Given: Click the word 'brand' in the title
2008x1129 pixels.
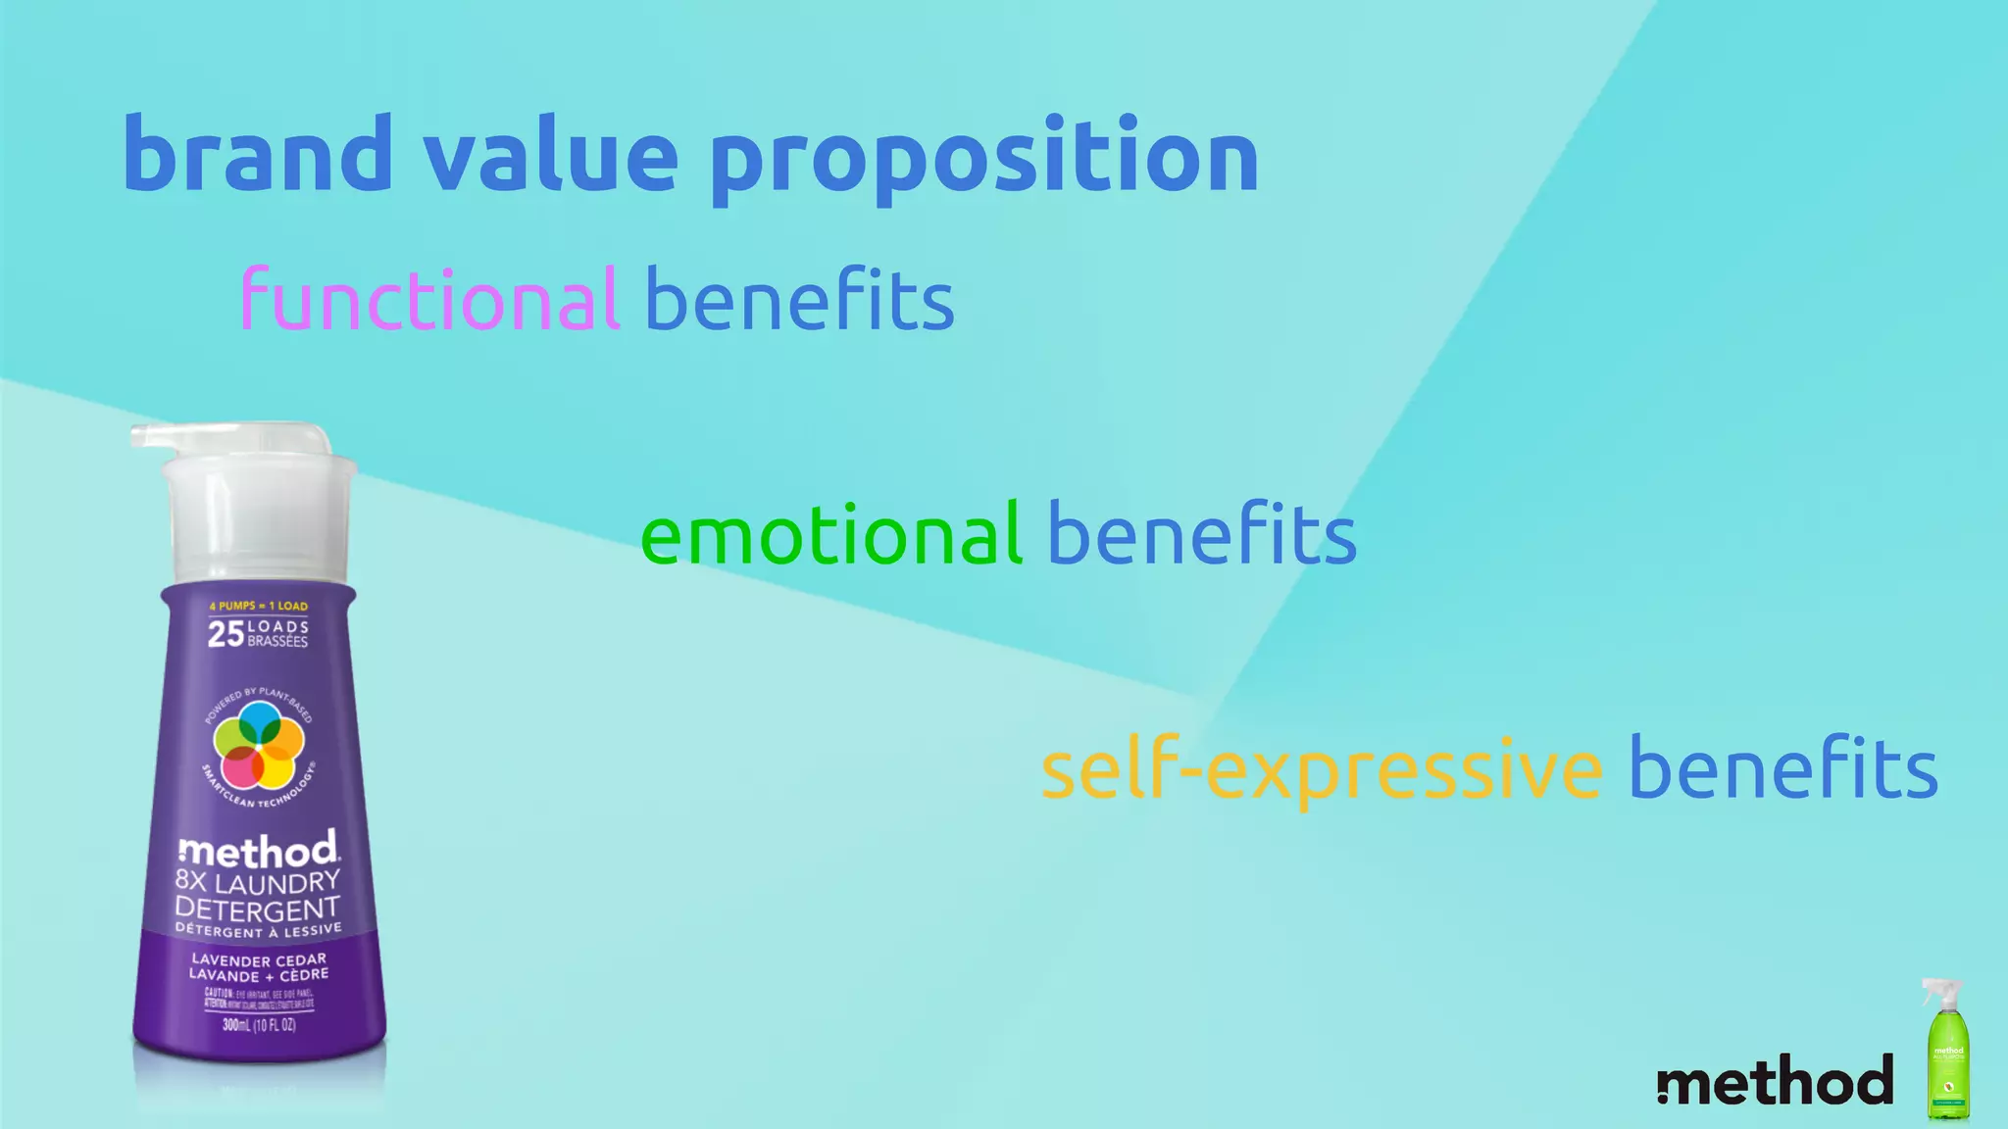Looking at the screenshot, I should (x=257, y=154).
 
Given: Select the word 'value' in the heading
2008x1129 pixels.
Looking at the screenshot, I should (x=550, y=154).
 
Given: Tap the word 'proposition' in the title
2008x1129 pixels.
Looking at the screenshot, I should (x=983, y=157).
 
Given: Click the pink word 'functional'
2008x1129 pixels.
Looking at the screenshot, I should (x=429, y=299).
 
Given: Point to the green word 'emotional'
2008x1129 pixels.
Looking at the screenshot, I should (x=830, y=534).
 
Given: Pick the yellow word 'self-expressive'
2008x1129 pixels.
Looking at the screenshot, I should (x=1321, y=769).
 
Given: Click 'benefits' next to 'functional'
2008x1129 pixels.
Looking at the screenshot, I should (x=799, y=299).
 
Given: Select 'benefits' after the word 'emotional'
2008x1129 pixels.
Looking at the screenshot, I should (x=1202, y=534).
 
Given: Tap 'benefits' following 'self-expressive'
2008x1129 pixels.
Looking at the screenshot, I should (x=1782, y=769).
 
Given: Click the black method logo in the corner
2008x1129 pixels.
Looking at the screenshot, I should (x=1775, y=1080).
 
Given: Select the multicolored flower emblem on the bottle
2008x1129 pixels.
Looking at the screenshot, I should (x=259, y=746).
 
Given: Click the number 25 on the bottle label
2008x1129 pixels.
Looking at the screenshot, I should (x=226, y=634).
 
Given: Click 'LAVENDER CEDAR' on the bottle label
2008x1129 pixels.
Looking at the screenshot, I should (x=259, y=959).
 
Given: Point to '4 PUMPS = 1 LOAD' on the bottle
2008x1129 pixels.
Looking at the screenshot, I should (x=259, y=606).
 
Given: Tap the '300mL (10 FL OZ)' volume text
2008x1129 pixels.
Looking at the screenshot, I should (x=259, y=1025).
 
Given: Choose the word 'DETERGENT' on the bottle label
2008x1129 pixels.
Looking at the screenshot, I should (x=257, y=908).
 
